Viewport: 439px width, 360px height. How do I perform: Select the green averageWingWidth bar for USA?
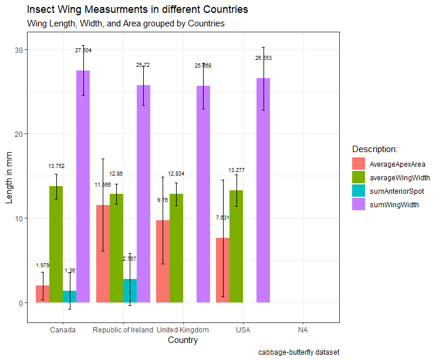[236, 247]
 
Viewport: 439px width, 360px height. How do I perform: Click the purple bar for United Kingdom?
[203, 194]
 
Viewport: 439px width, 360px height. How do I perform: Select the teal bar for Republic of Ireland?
[130, 291]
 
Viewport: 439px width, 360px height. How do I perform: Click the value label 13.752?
[56, 166]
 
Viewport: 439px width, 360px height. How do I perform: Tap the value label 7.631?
[222, 217]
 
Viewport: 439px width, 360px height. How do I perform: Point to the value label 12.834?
[176, 174]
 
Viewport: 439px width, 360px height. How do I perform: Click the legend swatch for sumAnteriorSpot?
[359, 191]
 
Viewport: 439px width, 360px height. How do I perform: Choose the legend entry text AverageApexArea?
[397, 164]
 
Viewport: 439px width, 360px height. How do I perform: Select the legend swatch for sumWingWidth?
[359, 204]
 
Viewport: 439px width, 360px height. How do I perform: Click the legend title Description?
[374, 149]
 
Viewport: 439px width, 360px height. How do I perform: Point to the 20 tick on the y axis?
[18, 134]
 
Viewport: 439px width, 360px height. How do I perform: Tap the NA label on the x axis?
[303, 329]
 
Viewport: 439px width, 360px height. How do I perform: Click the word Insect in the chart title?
[41, 10]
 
